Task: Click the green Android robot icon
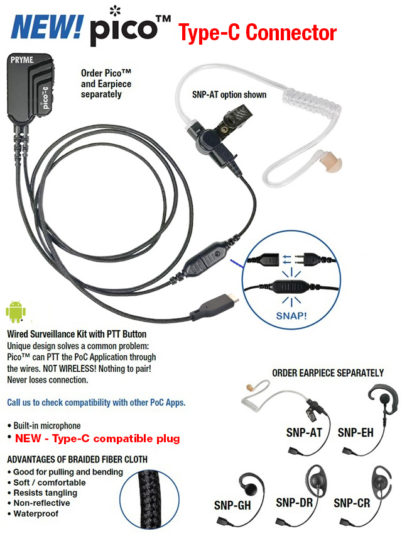17,312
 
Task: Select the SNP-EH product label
358,432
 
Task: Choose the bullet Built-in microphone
43,426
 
